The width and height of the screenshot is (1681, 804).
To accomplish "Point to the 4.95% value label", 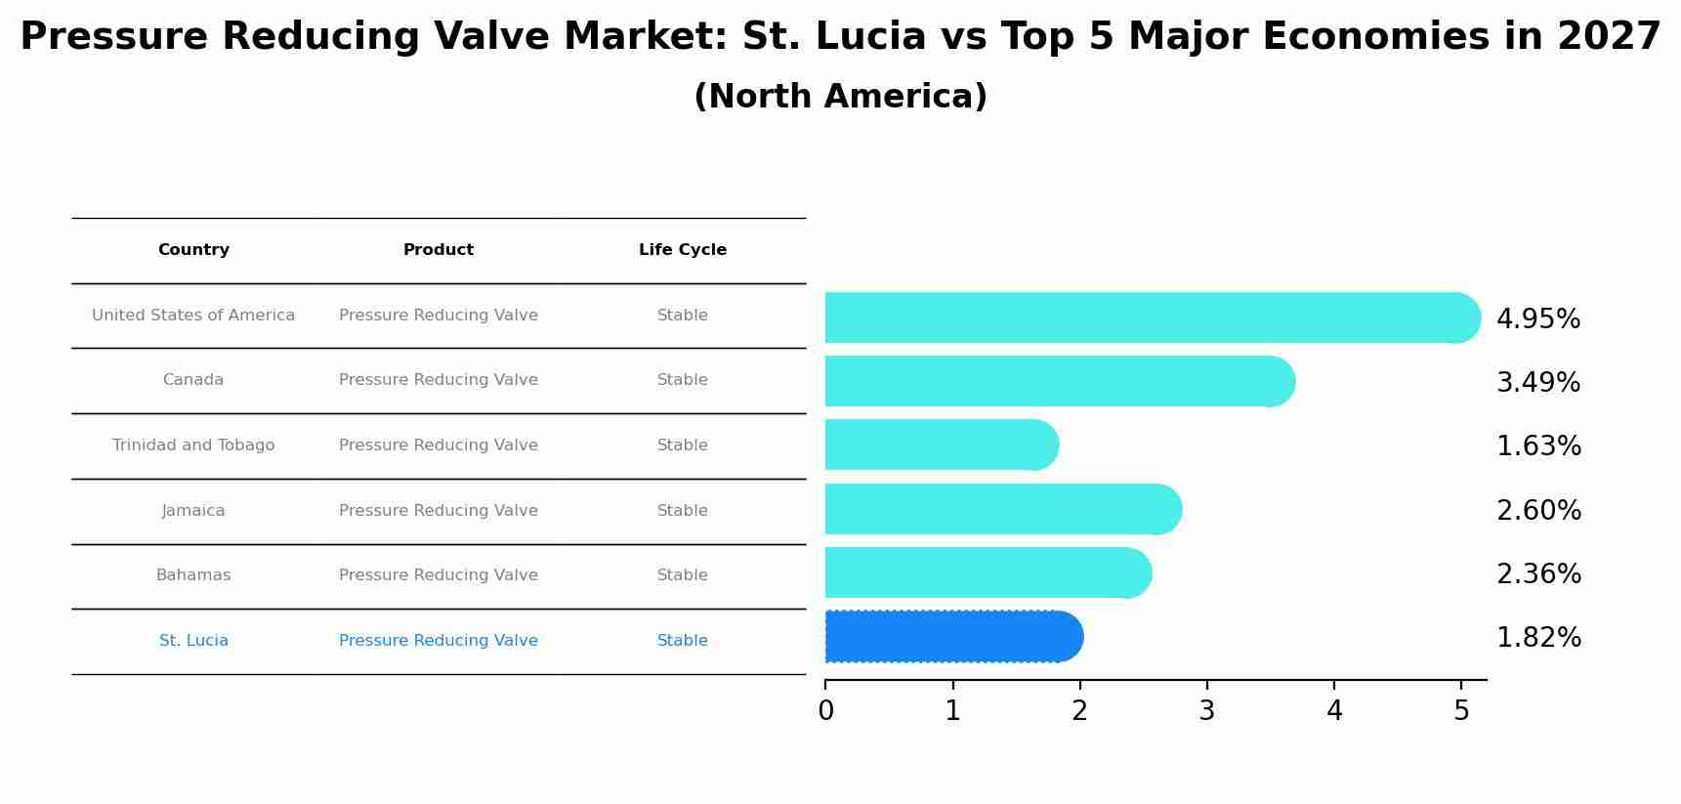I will [x=1537, y=319].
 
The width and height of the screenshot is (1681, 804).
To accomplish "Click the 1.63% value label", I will [x=1537, y=446].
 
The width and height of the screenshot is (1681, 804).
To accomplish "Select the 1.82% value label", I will [x=1537, y=638].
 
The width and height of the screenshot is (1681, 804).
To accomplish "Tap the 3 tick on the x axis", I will [x=1206, y=711].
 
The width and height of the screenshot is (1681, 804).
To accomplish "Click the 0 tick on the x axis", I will [x=825, y=711].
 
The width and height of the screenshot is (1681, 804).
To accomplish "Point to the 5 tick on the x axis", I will [x=1460, y=711].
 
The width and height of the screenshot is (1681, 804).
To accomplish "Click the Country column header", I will [x=193, y=250].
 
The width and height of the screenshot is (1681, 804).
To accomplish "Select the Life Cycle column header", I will [x=682, y=250].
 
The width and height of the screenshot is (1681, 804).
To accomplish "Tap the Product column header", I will [x=438, y=250].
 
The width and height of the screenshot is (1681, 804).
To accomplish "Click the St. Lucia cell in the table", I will [x=193, y=641].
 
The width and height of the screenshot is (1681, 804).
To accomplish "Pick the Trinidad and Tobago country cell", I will [x=193, y=445].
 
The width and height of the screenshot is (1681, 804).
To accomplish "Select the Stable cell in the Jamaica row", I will [x=682, y=511].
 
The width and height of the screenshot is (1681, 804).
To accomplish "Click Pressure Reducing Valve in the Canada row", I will [x=438, y=380].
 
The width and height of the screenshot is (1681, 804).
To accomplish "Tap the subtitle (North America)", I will [x=840, y=97].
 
